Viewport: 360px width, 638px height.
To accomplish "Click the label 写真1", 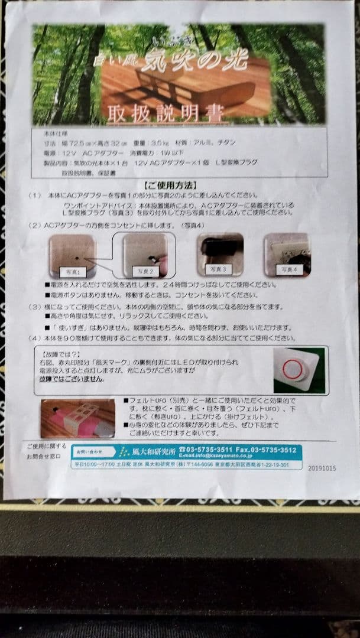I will click(72, 272).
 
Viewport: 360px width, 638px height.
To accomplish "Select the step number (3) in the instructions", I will click(35, 307).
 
